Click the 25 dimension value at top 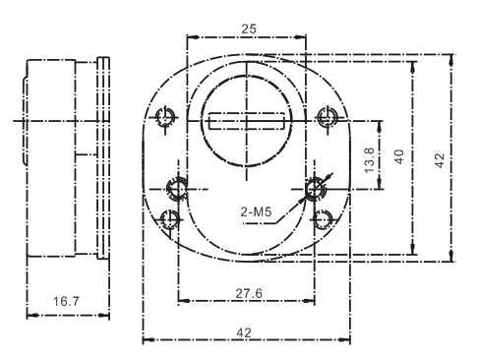coord(248,30)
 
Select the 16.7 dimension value coord(66,301)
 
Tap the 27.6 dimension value coord(249,293)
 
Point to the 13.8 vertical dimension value coord(370,160)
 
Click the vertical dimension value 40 coord(399,156)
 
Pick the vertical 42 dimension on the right coord(440,160)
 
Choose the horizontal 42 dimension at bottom coord(244,333)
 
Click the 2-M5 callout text coord(256,211)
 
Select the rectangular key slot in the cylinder coord(247,121)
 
